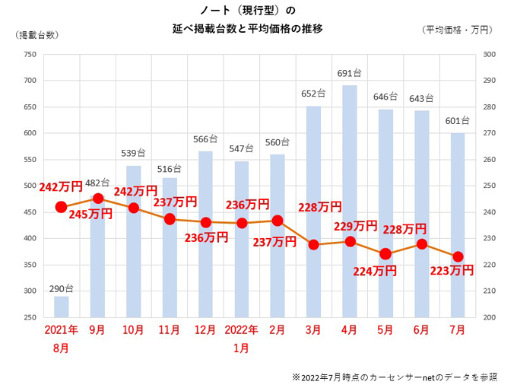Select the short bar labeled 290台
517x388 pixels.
click(62, 307)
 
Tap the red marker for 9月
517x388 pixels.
click(98, 199)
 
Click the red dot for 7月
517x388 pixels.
click(458, 257)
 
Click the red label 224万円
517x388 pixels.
click(375, 269)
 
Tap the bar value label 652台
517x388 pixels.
click(313, 94)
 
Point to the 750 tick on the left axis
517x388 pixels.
click(30, 54)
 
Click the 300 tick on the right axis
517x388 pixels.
click(489, 54)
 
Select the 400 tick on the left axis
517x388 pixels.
click(30, 238)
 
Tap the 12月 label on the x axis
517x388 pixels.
click(205, 331)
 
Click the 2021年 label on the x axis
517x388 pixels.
click(62, 331)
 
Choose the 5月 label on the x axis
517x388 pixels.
click(385, 331)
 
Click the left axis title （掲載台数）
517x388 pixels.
click(34, 34)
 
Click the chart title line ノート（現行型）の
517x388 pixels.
click(247, 10)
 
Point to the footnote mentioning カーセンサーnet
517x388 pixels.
click(395, 377)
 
